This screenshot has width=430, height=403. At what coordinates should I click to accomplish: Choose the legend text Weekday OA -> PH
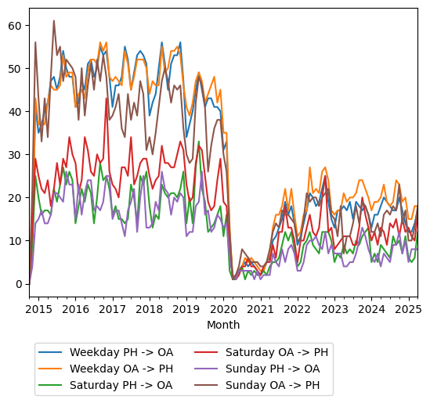click(121, 368)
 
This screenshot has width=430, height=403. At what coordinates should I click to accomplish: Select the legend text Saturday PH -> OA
click(121, 385)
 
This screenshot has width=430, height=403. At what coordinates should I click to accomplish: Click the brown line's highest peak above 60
click(54, 21)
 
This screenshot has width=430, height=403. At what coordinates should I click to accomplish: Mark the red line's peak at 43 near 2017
click(107, 98)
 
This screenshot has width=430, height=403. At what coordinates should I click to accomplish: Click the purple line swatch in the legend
click(208, 368)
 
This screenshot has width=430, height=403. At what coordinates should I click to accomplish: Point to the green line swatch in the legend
click(52, 385)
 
